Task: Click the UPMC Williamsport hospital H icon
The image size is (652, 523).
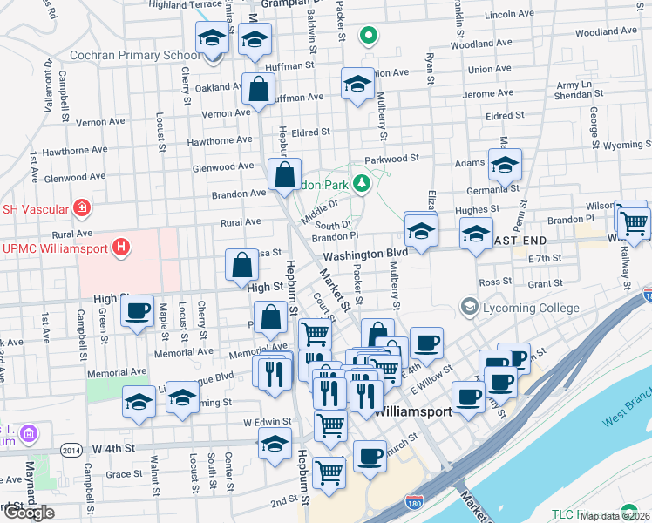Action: (x=121, y=248)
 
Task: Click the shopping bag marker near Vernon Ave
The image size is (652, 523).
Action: (x=259, y=89)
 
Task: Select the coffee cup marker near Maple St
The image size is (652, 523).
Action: (x=137, y=312)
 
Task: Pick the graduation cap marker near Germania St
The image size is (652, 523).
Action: (x=505, y=165)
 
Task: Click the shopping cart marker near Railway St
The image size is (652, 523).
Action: (x=634, y=222)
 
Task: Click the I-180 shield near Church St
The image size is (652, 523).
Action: (x=414, y=502)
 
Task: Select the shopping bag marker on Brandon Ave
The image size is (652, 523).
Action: (x=285, y=174)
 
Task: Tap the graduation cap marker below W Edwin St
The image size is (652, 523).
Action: (x=275, y=445)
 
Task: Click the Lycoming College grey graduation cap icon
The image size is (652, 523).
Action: (x=470, y=308)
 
